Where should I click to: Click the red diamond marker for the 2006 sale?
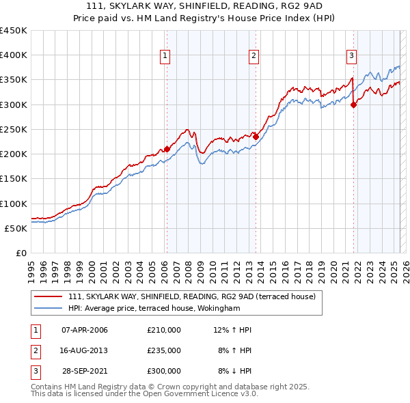click(x=167, y=149)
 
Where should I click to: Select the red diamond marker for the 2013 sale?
click(x=256, y=137)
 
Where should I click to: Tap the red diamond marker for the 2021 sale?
click(x=354, y=105)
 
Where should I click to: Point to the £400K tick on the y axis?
click(x=14, y=55)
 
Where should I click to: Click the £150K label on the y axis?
click(x=14, y=179)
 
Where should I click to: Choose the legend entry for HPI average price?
click(x=154, y=309)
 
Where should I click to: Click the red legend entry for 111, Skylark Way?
click(x=191, y=297)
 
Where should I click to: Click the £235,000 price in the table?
click(x=164, y=350)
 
